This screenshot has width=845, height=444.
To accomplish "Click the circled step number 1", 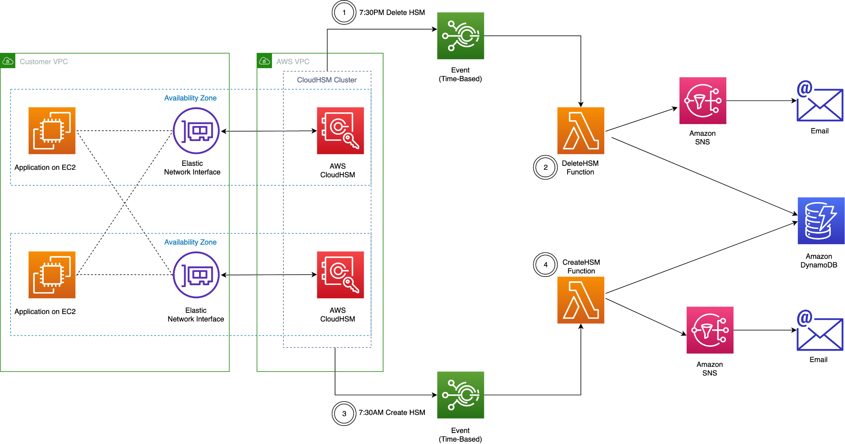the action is click(344, 13).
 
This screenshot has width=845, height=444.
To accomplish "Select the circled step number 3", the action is click(344, 414).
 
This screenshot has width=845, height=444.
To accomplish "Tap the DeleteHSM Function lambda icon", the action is click(581, 130).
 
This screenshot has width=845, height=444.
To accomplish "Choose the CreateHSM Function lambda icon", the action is click(581, 300).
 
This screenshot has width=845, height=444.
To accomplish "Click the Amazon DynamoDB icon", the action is click(821, 221).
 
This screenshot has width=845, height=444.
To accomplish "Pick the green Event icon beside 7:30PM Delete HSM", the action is click(460, 36).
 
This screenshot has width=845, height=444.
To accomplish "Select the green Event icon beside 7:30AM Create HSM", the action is click(460, 395).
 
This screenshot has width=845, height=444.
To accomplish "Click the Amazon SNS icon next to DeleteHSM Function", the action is click(703, 100).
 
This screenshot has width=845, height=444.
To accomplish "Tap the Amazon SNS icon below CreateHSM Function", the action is click(710, 330).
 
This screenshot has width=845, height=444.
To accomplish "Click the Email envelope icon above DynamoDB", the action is click(820, 101).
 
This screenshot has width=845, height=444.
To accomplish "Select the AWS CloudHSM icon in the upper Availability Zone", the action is click(340, 130).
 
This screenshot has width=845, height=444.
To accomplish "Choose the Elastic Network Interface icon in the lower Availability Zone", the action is click(196, 275).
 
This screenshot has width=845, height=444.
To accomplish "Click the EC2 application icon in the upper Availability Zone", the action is click(52, 130).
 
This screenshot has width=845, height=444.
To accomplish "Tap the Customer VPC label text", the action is click(44, 61).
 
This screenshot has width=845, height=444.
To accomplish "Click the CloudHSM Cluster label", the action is click(327, 80).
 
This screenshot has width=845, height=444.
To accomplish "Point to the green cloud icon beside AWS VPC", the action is click(264, 61).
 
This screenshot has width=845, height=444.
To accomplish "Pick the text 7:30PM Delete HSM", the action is click(392, 13).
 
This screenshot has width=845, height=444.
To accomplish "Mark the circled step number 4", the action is click(545, 265).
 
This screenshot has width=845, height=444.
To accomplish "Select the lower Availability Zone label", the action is click(190, 242).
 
